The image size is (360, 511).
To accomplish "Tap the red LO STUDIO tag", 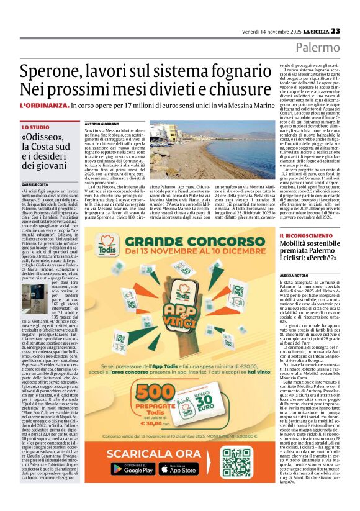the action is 35,127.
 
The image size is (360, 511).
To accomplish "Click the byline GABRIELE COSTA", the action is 35,185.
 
